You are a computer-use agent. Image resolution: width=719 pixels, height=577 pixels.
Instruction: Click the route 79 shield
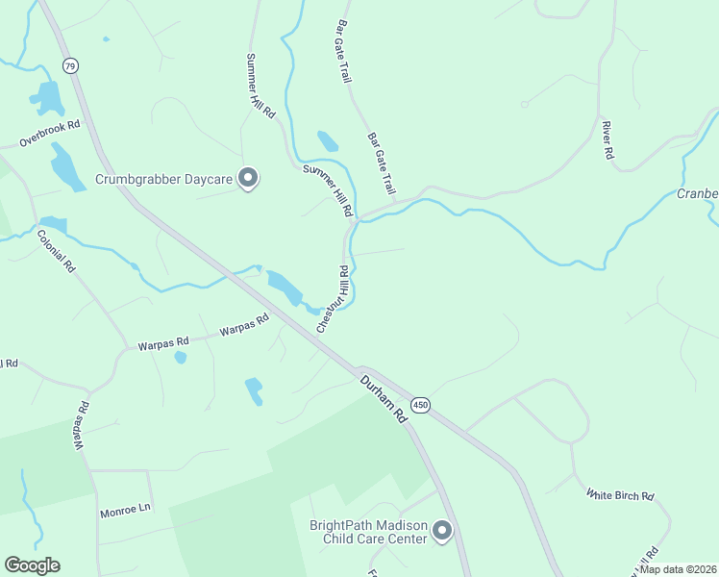click(69, 65)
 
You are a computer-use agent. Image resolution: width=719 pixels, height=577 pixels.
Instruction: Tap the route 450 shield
click(420, 405)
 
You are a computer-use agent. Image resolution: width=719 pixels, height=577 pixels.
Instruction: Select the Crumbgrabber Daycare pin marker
click(249, 179)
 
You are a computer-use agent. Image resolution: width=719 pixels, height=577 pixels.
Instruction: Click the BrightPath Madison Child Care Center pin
click(442, 531)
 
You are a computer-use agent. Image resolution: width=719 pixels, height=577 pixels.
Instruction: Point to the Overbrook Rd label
click(49, 134)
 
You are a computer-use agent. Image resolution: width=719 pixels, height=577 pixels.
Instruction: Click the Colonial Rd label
click(56, 251)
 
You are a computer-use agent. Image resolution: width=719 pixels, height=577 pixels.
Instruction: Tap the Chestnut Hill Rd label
click(333, 300)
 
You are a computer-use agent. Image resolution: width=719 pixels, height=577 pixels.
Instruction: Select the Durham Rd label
click(384, 398)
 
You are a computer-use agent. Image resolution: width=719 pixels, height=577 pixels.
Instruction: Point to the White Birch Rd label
click(621, 495)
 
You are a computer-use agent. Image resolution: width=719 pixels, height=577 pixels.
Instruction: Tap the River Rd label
click(607, 140)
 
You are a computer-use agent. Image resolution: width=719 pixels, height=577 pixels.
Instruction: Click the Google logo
click(32, 565)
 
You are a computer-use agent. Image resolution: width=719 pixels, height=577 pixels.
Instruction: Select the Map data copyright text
click(679, 569)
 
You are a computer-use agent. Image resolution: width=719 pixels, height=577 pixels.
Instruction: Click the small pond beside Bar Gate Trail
click(328, 141)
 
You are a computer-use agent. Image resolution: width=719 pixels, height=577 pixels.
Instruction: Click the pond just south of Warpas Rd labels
click(180, 358)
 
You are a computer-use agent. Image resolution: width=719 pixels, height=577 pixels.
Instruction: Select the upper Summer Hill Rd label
click(260, 86)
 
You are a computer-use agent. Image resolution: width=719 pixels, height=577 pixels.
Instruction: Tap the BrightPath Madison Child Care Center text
click(367, 532)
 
